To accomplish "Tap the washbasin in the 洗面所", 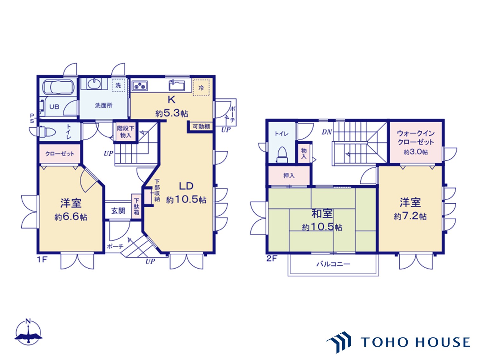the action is coord(94,84).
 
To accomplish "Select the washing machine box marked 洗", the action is coord(118,85).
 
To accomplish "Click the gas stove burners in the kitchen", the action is coord(139,86).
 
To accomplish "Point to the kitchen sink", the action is coord(177,85).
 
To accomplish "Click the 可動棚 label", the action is coord(201,127).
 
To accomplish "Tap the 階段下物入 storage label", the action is coord(125,132).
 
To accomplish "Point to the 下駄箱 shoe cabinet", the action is coord(136,206).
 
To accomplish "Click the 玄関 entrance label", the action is coord(118,211).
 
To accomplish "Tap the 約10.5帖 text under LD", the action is coord(186,200).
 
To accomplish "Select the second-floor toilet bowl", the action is coord(282,154).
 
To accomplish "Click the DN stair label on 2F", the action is coord(327,132).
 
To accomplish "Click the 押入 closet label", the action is coord(289,176).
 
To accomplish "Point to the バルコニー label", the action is coord(333,264).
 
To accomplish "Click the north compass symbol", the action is coord(28,332).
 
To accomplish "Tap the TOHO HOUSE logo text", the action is coord(415,342).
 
